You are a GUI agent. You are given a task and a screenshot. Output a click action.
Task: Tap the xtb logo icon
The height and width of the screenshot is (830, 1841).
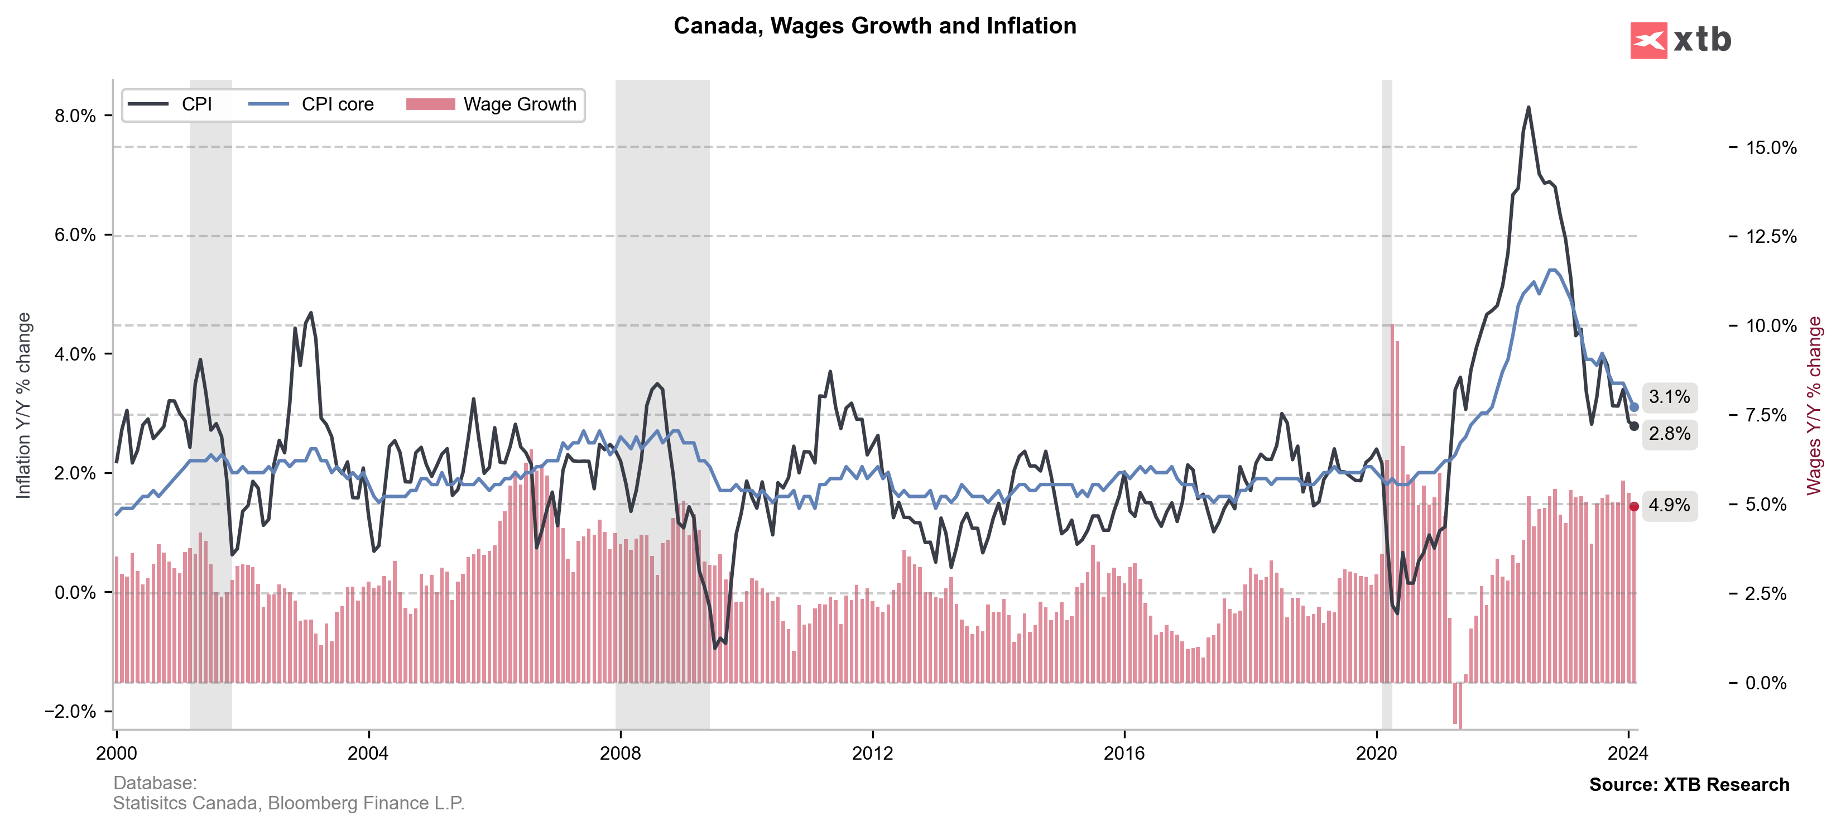[x=1648, y=40]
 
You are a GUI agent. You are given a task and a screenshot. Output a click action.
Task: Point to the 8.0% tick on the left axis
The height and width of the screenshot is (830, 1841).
[x=75, y=116]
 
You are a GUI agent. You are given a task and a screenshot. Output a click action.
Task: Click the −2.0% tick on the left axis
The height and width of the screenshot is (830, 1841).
[x=70, y=711]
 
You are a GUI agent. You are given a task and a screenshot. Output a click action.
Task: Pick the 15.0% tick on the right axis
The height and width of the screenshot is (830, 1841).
[x=1770, y=147]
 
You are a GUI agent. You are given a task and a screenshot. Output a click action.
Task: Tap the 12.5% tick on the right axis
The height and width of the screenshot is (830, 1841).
[x=1770, y=237]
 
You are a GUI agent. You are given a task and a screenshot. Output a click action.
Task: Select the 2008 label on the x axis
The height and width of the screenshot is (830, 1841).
[x=621, y=753]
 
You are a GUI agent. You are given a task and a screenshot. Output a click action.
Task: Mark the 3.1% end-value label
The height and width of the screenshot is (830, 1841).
[x=1669, y=397]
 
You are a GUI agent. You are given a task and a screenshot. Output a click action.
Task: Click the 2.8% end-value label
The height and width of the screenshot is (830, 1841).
[x=1669, y=433]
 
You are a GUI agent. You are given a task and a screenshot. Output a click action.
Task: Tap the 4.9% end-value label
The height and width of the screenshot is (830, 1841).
[x=1669, y=505]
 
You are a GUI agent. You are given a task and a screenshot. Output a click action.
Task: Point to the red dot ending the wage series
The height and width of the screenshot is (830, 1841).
[x=1634, y=506]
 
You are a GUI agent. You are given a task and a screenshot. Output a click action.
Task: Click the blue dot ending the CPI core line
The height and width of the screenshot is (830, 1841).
[x=1634, y=407]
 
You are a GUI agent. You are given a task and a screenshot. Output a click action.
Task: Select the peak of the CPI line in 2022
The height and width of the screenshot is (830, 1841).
[x=1528, y=108]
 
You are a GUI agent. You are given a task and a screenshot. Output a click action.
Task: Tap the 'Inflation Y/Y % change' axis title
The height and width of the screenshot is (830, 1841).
[x=23, y=405]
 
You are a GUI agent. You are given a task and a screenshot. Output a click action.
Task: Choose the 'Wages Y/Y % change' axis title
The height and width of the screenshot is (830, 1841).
[x=1814, y=405]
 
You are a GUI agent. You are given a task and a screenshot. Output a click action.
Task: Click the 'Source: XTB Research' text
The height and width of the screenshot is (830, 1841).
[x=1689, y=784]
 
